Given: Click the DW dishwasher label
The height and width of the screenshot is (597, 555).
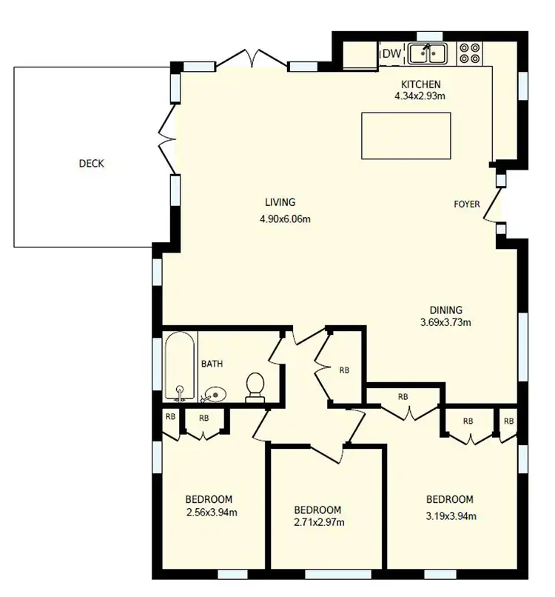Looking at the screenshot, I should click(x=391, y=53).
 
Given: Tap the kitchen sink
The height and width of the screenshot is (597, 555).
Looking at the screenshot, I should click(x=428, y=53).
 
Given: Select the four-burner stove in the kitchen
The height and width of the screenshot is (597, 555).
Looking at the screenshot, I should click(x=468, y=53).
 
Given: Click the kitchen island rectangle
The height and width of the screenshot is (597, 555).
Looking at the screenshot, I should click(x=406, y=136).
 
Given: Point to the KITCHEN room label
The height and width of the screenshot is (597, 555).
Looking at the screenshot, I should click(x=420, y=84).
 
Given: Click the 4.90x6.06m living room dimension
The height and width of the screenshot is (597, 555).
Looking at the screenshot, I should click(x=285, y=219).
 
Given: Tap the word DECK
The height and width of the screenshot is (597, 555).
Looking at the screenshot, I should click(x=92, y=164).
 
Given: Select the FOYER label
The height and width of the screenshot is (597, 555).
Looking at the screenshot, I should click(x=467, y=204).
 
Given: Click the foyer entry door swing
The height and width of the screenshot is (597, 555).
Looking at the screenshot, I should click(x=491, y=209).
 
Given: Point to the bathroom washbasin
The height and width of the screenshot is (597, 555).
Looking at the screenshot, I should click(x=214, y=394).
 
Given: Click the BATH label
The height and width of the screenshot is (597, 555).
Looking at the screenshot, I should click(x=212, y=364).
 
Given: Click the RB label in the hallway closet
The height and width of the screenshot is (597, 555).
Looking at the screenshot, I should click(x=344, y=370).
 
